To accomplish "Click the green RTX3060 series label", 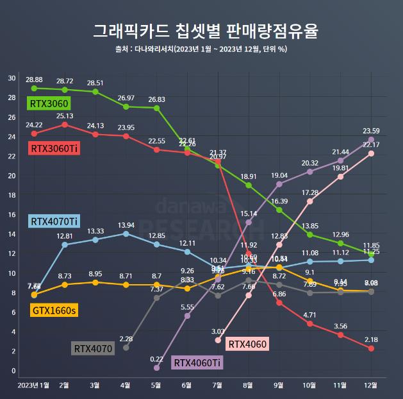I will (x=48, y=103).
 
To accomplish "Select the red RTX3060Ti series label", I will (x=54, y=148).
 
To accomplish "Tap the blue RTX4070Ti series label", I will (x=54, y=221).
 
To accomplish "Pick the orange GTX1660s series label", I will (x=54, y=310).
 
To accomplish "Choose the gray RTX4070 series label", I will (x=94, y=349).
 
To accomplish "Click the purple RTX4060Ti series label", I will (x=197, y=363).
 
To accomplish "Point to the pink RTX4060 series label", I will (x=247, y=343).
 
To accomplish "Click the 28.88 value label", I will (x=34, y=80).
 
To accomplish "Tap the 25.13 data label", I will (x=65, y=116).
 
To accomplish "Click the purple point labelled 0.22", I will (x=156, y=368).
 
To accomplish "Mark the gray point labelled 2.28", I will (x=126, y=348).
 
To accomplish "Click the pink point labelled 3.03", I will (x=218, y=340).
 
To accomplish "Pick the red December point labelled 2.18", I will (x=371, y=348).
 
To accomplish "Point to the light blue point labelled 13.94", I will (x=126, y=233).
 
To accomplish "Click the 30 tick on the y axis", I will (x=12, y=78).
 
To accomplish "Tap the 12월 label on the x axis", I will (x=370, y=385).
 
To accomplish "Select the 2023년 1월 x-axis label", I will (x=34, y=385).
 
